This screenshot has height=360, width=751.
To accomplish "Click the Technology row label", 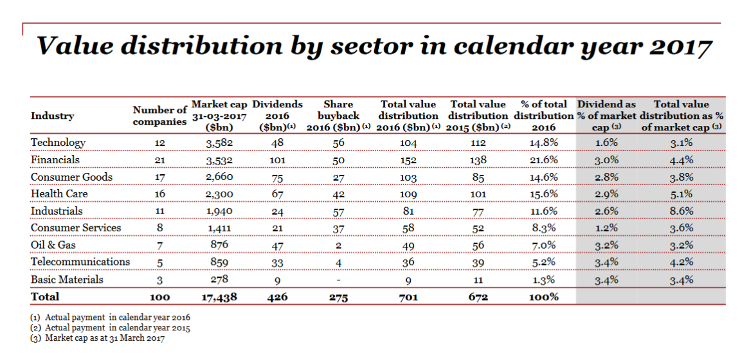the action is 58,143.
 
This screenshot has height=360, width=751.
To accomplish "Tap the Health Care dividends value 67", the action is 277,194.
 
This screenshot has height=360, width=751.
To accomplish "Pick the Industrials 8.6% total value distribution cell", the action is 682,211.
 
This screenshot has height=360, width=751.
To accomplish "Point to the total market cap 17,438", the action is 219,297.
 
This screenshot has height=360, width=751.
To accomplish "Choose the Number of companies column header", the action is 159,116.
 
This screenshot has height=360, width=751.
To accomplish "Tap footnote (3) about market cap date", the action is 98,338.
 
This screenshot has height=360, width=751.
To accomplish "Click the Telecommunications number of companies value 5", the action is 159,263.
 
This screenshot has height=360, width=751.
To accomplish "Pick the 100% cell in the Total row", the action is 544,297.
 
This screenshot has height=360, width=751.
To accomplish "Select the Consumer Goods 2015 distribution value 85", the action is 478,177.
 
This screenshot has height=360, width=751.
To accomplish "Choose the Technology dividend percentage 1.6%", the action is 606,143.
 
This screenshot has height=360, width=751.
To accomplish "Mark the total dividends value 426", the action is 277,297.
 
